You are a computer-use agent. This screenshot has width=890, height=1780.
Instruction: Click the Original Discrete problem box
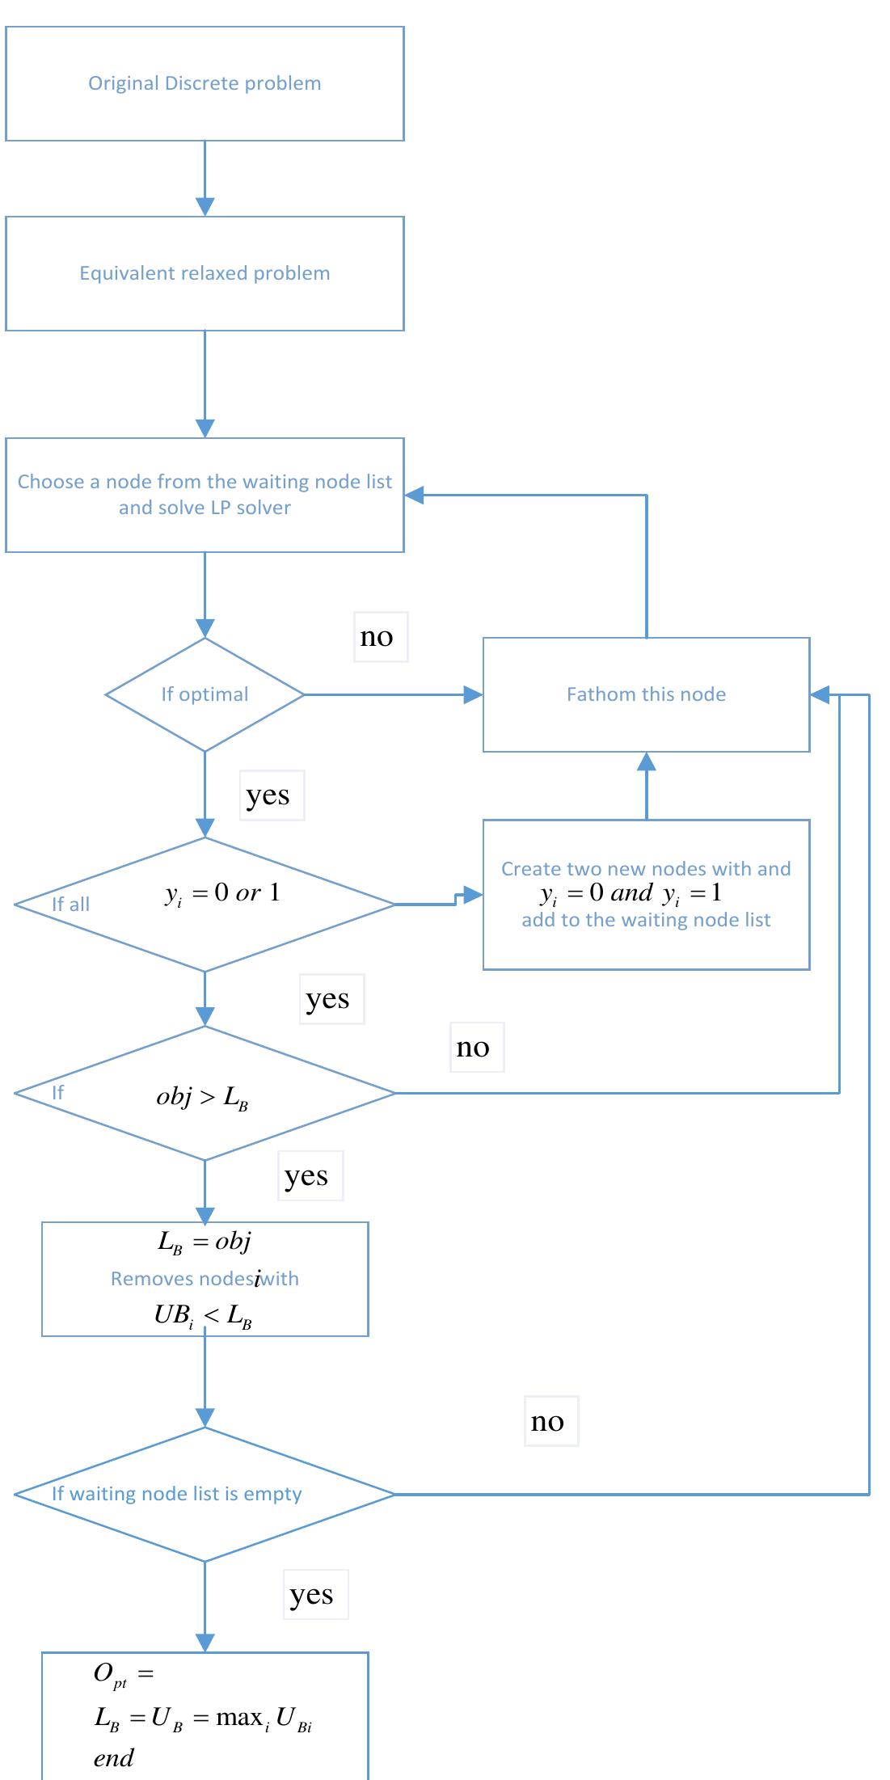tap(205, 84)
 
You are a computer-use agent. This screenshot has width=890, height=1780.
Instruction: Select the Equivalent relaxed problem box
tap(205, 273)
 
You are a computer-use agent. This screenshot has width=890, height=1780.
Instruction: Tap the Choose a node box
tap(205, 495)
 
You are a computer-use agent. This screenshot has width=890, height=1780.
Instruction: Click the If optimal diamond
tap(205, 694)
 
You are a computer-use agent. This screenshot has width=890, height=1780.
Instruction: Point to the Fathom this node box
tap(646, 694)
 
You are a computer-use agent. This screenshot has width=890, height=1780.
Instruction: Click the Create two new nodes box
tap(646, 894)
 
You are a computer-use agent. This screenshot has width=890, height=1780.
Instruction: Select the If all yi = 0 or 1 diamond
tap(205, 904)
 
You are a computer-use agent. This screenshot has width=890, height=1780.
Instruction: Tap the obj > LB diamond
tap(205, 1094)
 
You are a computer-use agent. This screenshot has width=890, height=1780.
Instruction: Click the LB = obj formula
tap(205, 1242)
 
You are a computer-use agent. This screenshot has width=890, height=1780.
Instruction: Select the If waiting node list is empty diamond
tap(205, 1494)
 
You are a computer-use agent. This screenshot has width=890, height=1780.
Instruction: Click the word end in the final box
tap(113, 1758)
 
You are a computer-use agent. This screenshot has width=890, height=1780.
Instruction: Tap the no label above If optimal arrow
tap(377, 637)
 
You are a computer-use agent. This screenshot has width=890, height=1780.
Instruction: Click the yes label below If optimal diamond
tap(268, 795)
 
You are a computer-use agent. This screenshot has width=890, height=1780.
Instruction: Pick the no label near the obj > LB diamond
tap(473, 1048)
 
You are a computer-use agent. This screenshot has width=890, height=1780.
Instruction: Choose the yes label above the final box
tap(311, 1594)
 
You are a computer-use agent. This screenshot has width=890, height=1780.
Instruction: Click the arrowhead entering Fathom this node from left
tap(473, 694)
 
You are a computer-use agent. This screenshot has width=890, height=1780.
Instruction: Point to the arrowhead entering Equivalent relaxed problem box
tap(205, 206)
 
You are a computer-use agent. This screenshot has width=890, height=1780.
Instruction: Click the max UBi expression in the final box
tap(264, 1718)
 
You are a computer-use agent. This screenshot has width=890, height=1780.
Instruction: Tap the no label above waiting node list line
tap(547, 1421)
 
